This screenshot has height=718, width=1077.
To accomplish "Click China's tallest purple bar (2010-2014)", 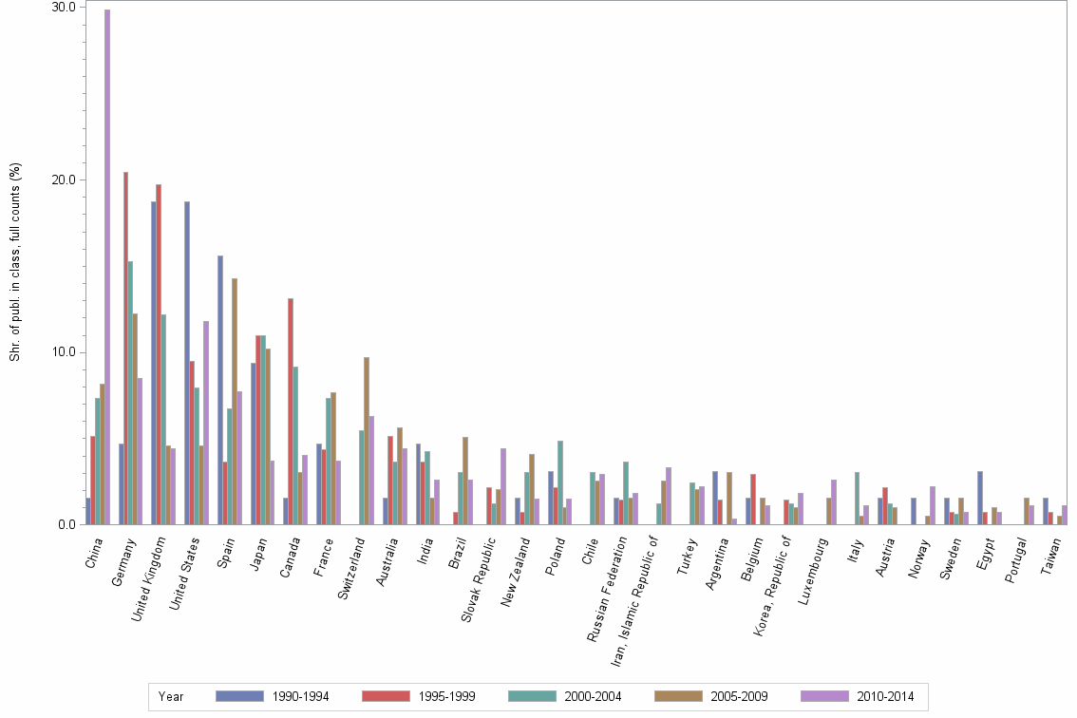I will click(107, 267).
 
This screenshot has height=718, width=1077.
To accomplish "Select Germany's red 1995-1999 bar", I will click(125, 349).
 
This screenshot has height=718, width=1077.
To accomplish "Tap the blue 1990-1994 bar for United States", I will click(187, 363).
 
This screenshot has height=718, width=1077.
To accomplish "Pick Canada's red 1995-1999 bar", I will click(291, 411).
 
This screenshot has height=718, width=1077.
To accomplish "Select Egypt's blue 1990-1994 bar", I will click(980, 498).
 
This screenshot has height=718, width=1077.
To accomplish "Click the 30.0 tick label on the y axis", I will click(64, 8).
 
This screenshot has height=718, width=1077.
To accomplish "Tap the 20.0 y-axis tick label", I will click(64, 180).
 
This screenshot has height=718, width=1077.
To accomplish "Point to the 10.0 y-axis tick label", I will click(64, 352).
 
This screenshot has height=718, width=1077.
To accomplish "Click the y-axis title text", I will click(15, 262).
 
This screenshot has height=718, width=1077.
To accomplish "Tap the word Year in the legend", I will click(171, 696).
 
